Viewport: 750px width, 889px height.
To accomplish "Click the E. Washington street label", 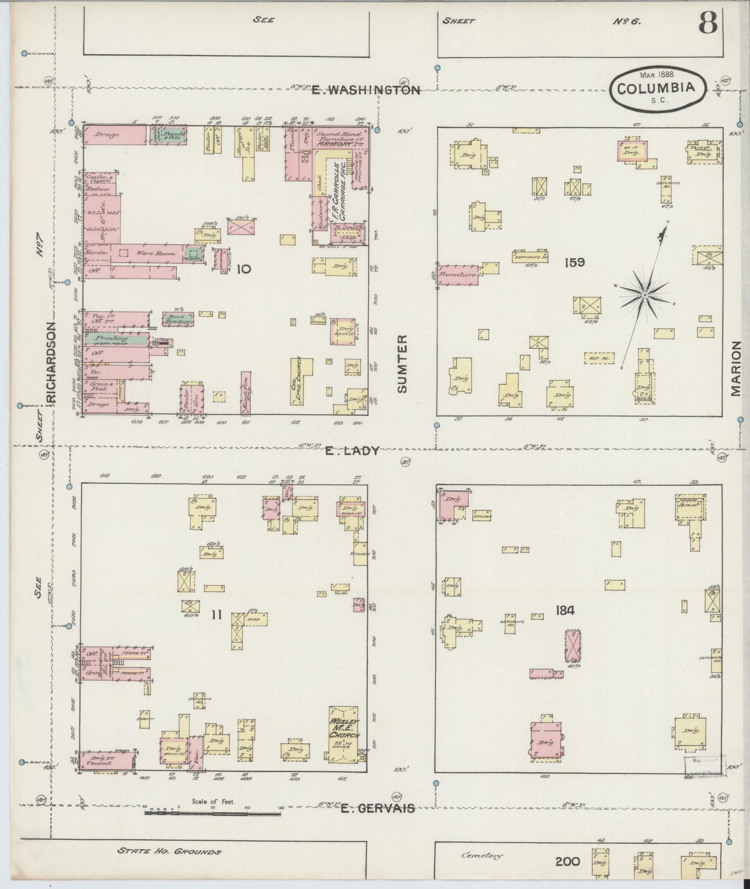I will tap(365, 90).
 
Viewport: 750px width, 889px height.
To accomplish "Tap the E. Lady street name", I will tap(352, 451).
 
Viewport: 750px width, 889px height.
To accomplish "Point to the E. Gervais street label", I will tap(377, 822).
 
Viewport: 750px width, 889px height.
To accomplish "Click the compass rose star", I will tap(644, 295).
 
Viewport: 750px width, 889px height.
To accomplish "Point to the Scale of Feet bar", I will tap(213, 827).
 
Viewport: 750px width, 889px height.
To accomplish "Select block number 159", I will tap(575, 262).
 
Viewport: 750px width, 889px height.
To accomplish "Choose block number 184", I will tap(564, 610).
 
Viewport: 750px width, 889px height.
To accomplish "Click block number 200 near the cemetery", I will tap(567, 862).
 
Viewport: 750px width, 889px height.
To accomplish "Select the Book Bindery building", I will tap(178, 318).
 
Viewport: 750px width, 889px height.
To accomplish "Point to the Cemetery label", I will tap(482, 856).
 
